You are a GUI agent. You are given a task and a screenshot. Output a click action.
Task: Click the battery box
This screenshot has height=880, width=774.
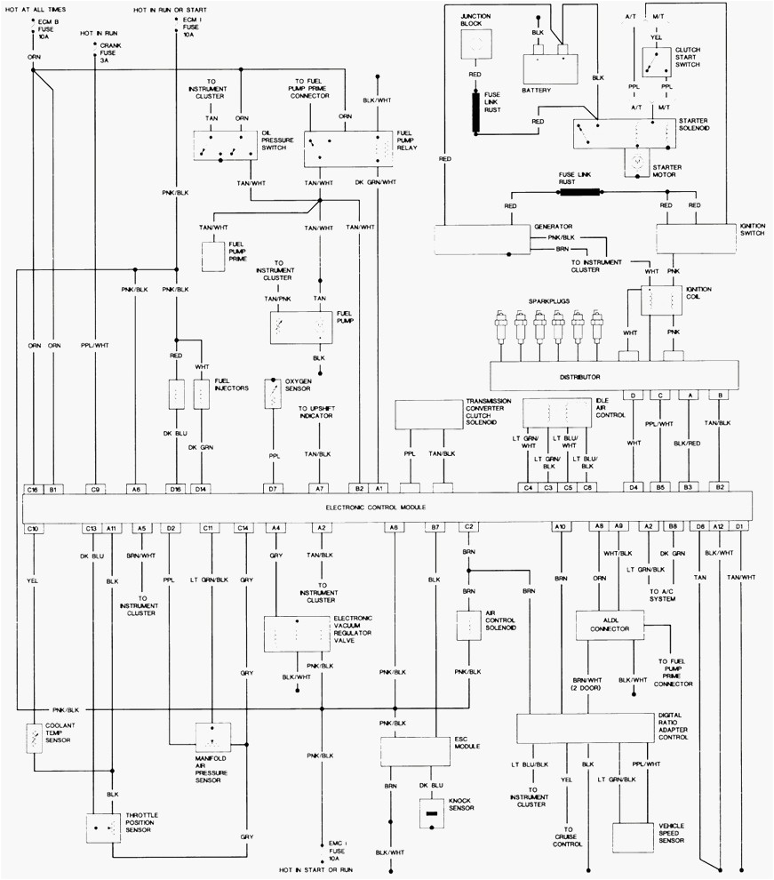click(549, 66)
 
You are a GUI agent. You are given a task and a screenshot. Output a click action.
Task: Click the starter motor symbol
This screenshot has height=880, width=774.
click(638, 163)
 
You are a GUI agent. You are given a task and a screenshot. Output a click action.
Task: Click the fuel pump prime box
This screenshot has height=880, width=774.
click(214, 256)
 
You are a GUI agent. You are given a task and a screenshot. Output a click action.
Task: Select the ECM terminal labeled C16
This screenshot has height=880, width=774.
click(34, 488)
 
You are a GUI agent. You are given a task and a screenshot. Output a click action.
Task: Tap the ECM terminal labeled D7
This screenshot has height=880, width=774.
click(273, 488)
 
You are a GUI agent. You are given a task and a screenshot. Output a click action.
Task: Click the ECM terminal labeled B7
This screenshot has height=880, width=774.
click(435, 528)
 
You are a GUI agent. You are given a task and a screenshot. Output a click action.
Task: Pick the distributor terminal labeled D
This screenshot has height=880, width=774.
click(633, 395)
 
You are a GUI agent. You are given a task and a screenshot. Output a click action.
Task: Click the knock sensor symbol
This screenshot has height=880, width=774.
click(431, 812)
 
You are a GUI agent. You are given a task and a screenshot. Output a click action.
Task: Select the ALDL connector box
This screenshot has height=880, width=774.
click(610, 628)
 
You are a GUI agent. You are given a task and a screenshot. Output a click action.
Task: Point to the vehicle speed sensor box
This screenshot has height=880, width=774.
click(633, 836)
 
